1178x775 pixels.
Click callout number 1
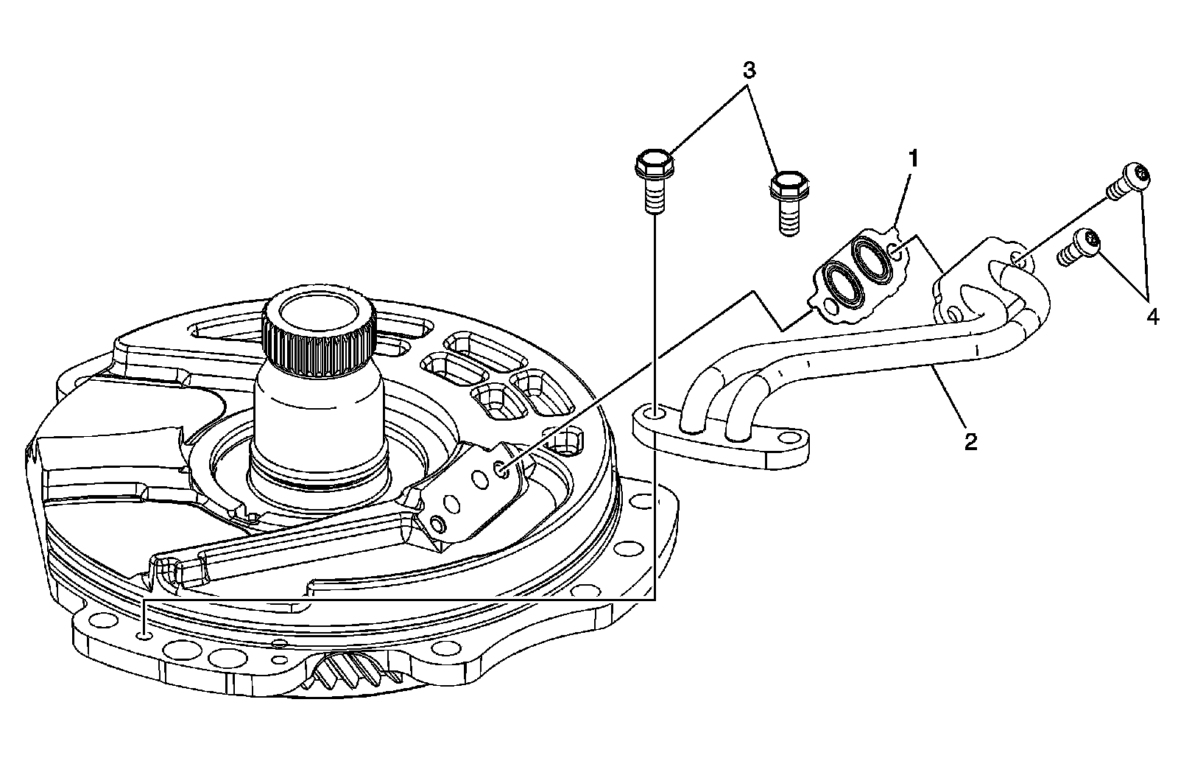click(913, 158)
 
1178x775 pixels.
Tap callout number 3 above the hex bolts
click(748, 71)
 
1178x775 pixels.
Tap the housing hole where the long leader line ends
click(147, 634)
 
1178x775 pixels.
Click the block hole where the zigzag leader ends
click(501, 469)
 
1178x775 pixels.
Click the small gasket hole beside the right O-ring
click(896, 253)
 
